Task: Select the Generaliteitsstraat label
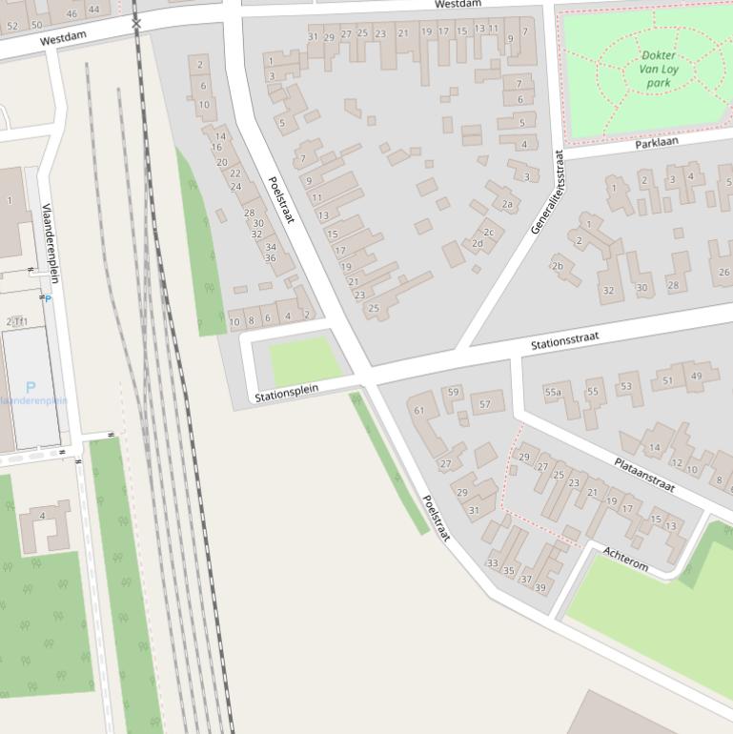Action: click(x=549, y=192)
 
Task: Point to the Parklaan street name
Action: click(x=657, y=142)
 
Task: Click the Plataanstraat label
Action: click(x=644, y=474)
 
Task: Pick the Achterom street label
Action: click(x=625, y=560)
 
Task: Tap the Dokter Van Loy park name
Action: click(x=659, y=70)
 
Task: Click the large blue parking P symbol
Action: click(x=31, y=387)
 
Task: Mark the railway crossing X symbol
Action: click(x=136, y=22)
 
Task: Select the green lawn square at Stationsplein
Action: click(x=305, y=362)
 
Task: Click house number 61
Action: click(x=418, y=411)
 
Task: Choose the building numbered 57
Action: click(x=485, y=404)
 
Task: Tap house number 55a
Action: click(x=553, y=392)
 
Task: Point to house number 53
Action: click(x=625, y=386)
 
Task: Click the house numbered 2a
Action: click(x=507, y=203)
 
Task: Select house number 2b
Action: click(x=558, y=266)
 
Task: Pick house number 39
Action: click(x=540, y=587)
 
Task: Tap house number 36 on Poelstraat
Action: click(x=271, y=258)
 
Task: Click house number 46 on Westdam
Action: click(x=71, y=12)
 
